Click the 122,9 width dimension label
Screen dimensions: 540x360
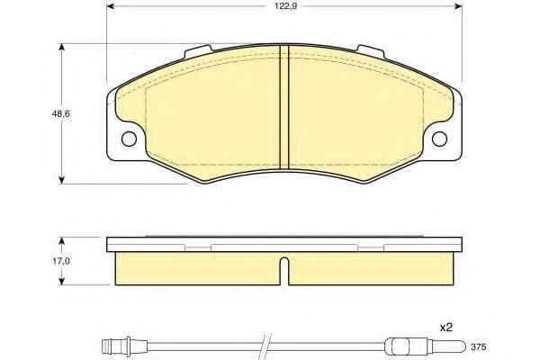pos(285,6)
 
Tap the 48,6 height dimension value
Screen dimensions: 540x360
pos(60,113)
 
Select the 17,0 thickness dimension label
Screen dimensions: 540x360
pos(61,261)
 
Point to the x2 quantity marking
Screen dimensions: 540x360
pos(446,328)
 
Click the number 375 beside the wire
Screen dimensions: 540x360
pos(479,346)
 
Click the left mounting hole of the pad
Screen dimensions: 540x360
pos(129,139)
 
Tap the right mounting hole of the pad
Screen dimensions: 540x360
pos(439,139)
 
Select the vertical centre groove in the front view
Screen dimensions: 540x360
pos(284,107)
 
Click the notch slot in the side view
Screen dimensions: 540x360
pos(284,272)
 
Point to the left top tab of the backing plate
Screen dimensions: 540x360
pos(197,51)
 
